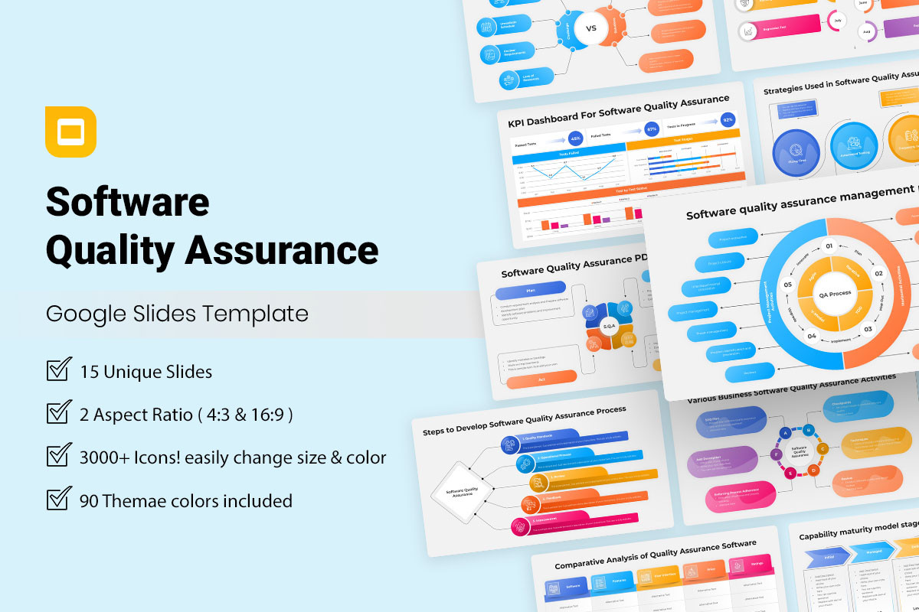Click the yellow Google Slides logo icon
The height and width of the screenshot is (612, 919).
[x=70, y=132]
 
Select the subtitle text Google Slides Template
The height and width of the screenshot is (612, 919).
[x=177, y=314]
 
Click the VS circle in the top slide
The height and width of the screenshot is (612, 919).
[x=590, y=28]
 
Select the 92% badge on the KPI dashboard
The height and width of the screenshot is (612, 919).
[x=727, y=120]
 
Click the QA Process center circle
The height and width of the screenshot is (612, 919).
[x=835, y=294]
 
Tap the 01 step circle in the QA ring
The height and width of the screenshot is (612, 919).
[x=828, y=246]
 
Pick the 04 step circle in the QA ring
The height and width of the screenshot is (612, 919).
[x=812, y=336]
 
